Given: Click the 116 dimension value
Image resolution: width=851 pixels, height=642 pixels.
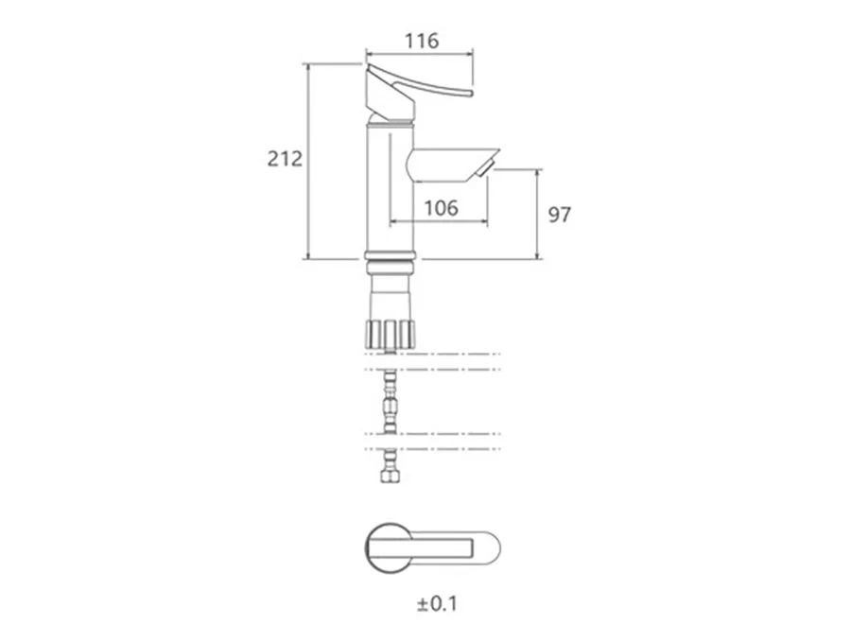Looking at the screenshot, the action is tap(422, 41).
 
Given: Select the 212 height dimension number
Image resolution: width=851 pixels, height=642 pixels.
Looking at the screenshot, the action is tap(285, 159).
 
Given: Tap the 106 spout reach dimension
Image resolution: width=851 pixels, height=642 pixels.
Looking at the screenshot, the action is tap(441, 208).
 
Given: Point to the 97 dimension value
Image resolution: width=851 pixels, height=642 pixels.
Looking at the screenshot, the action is tap(560, 215).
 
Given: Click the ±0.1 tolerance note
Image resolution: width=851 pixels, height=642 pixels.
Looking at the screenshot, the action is tap(438, 603).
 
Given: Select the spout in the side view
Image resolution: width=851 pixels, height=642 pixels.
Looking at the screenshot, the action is tap(453, 165).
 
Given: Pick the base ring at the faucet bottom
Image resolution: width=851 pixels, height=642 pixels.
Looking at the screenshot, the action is tap(391, 255).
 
